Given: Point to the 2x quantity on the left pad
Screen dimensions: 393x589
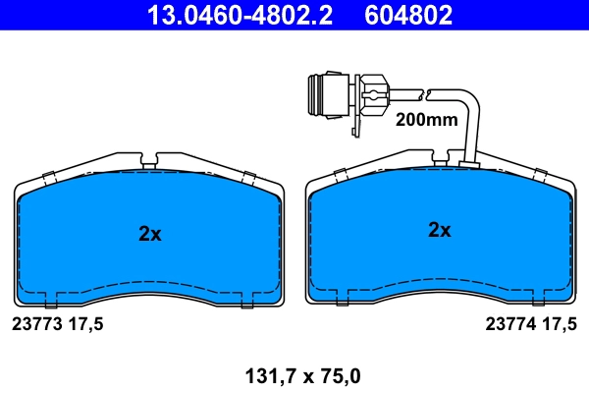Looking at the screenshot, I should point(149,234).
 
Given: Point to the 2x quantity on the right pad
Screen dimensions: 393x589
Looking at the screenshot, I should point(439,231).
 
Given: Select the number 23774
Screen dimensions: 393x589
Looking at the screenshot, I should point(509,322).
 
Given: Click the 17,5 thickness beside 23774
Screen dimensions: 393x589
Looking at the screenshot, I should point(558,322).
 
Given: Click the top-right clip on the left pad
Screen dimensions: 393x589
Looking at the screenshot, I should point(248,177).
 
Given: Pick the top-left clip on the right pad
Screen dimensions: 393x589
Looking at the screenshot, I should point(341,175).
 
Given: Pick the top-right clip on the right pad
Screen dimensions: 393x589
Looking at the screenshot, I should point(538,175).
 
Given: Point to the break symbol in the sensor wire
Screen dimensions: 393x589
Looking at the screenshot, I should point(422,94).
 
